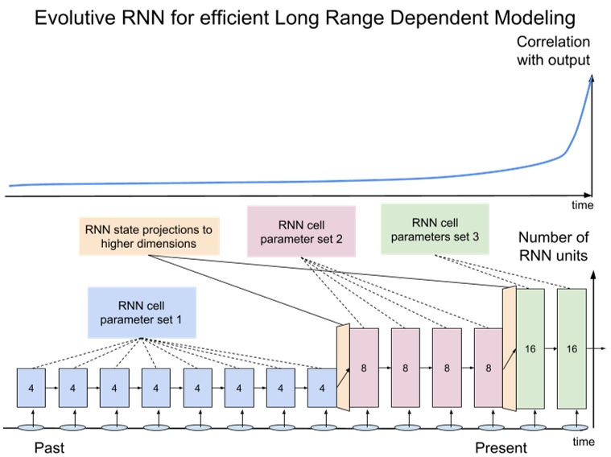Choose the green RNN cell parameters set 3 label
pyautogui.click(x=435, y=229)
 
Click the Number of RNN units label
pyautogui.click(x=554, y=247)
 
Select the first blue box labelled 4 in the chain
pyautogui.click(x=31, y=388)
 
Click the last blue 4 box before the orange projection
pyautogui.click(x=322, y=388)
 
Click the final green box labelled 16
pyautogui.click(x=572, y=349)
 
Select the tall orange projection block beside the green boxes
pyautogui.click(x=509, y=349)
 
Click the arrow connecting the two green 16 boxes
pyautogui.click(x=551, y=349)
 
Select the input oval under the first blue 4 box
pyautogui.click(x=31, y=427)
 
